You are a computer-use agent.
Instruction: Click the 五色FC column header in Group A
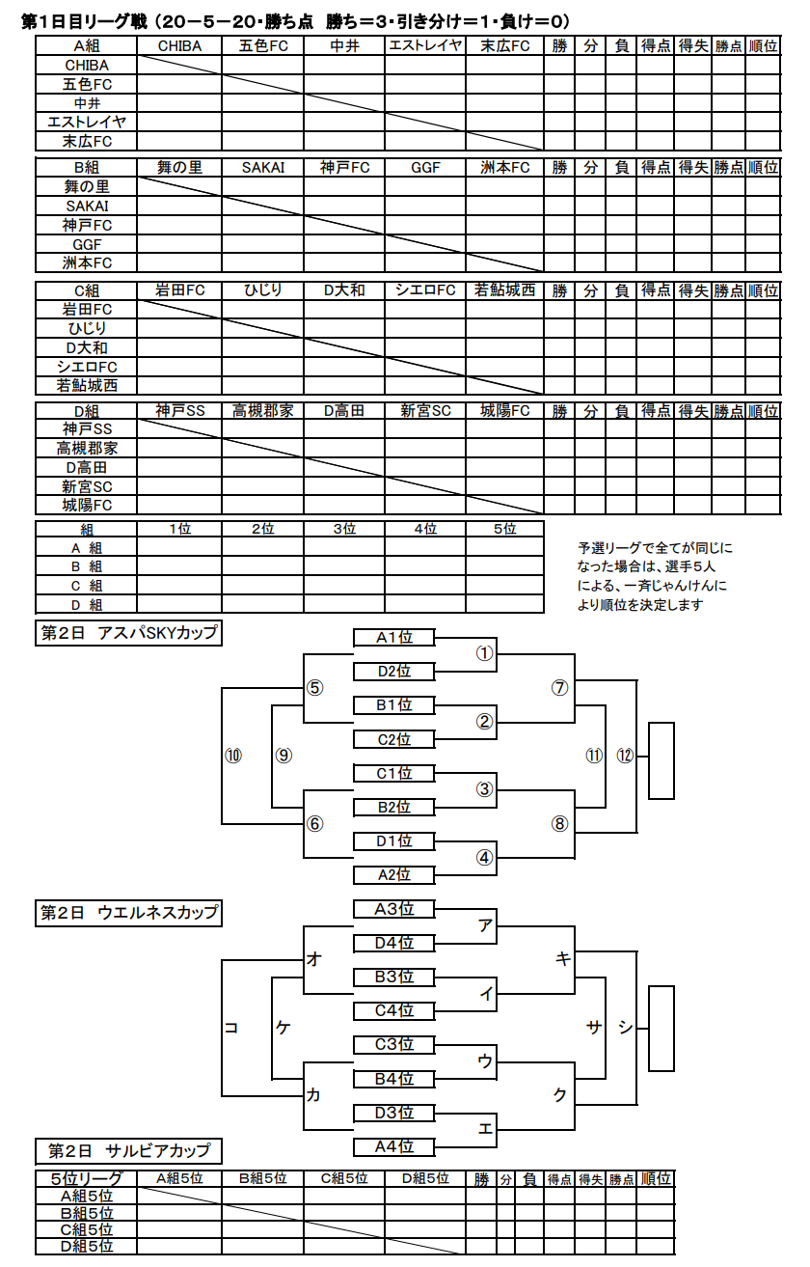tap(263, 45)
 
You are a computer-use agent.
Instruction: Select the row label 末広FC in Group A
tap(87, 142)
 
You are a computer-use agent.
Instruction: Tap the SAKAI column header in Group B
tap(263, 168)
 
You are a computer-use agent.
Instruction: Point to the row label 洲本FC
tap(87, 263)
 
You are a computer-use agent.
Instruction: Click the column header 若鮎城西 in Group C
tap(504, 290)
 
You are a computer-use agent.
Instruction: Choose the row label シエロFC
tap(87, 367)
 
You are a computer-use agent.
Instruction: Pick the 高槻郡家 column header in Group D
tap(263, 411)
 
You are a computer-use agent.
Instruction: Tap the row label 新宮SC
tap(87, 486)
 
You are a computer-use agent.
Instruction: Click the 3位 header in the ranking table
tap(344, 529)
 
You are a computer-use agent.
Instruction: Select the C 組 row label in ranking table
tap(87, 586)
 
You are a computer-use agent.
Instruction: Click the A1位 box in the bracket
tap(394, 638)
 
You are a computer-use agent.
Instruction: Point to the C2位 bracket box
tap(394, 739)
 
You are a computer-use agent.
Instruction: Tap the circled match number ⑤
tap(315, 688)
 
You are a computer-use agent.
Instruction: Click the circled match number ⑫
tap(625, 756)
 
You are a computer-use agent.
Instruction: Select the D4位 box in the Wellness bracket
tap(394, 943)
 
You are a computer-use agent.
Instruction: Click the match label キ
tap(562, 959)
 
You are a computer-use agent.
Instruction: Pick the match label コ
tap(231, 1028)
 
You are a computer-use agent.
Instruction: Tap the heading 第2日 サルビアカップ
tap(129, 1150)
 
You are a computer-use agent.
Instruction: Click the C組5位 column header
tap(344, 1179)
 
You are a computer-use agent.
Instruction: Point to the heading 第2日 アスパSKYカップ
tap(129, 632)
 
